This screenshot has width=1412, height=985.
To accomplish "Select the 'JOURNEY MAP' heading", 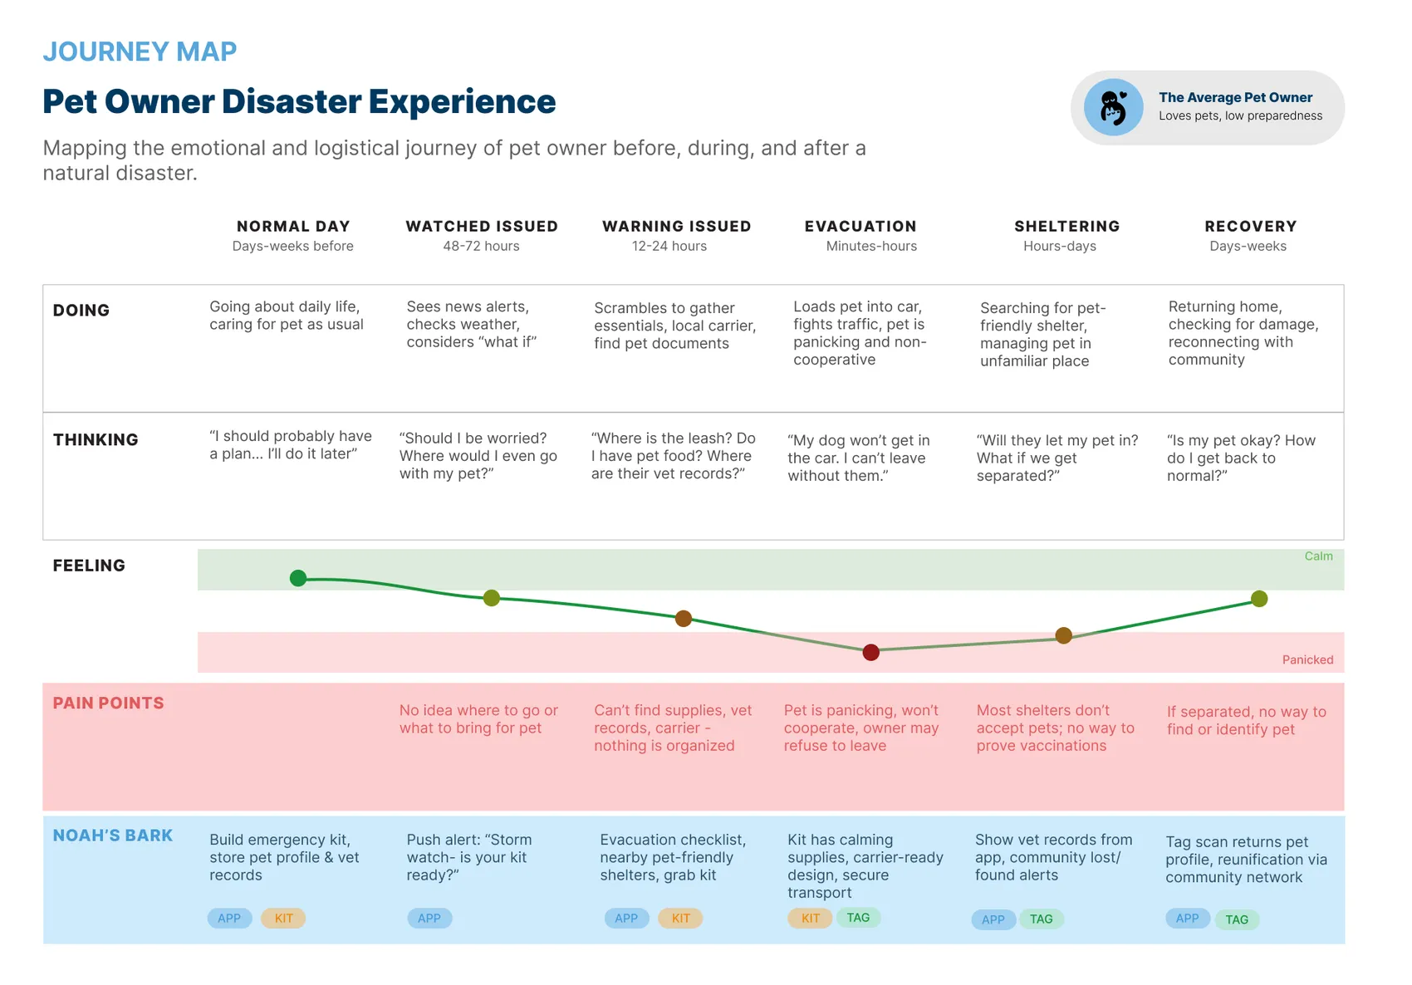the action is pos(140,51).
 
